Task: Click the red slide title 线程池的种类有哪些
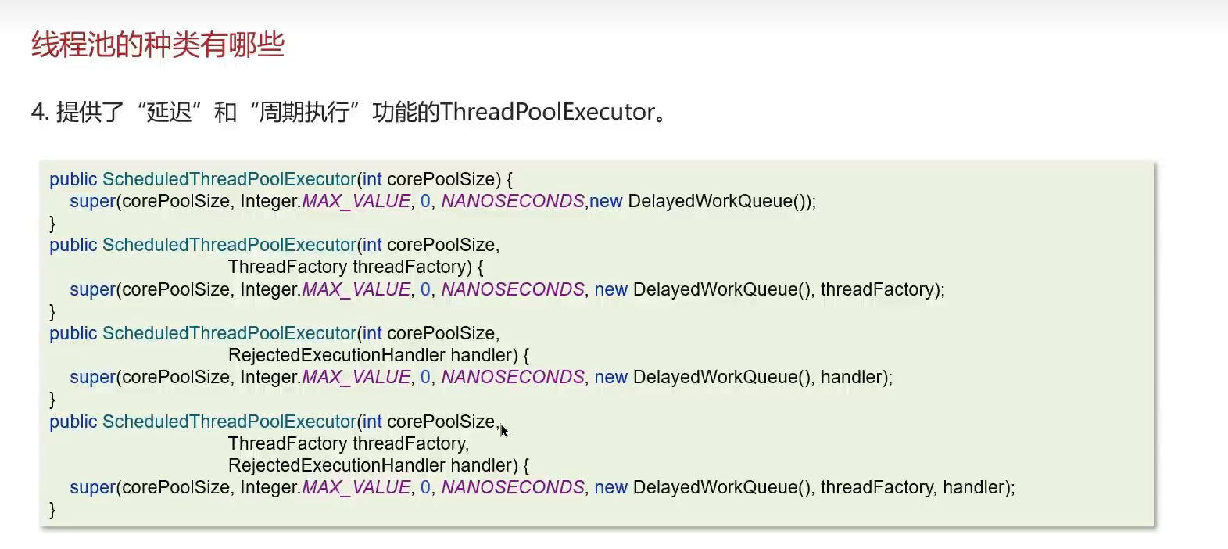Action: [x=157, y=45]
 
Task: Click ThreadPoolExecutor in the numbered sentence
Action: [x=547, y=112]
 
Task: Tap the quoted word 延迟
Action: [x=169, y=113]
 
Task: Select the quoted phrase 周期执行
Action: [x=304, y=113]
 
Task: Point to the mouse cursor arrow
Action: [x=504, y=431]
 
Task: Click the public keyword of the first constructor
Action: [x=73, y=179]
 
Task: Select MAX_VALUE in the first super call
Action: [x=356, y=201]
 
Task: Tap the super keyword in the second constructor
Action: [x=92, y=289]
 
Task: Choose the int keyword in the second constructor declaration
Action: [x=372, y=245]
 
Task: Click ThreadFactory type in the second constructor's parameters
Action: [x=288, y=267]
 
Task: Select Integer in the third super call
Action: [x=268, y=377]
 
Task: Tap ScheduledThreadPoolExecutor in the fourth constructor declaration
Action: [x=229, y=422]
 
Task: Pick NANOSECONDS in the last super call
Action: [x=513, y=487]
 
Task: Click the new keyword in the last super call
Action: [x=610, y=487]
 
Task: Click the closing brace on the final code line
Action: [x=52, y=510]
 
